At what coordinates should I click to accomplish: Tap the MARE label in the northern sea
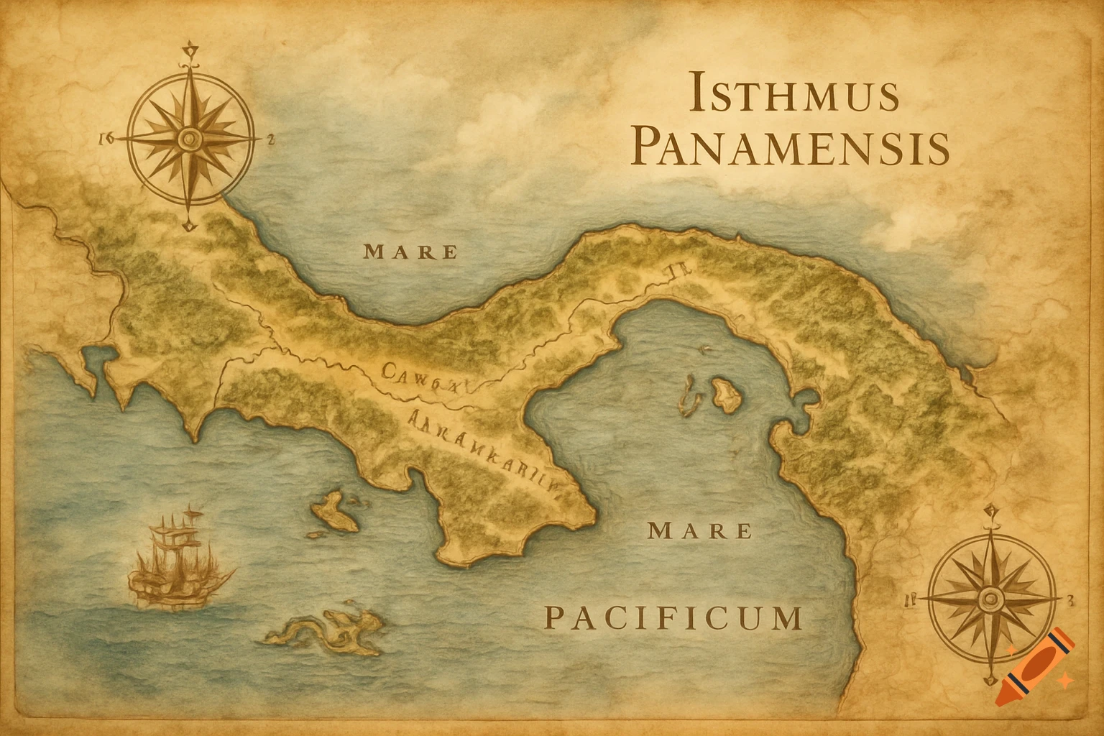(410, 252)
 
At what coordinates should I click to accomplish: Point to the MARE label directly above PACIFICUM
(700, 532)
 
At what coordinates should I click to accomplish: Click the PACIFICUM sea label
(673, 618)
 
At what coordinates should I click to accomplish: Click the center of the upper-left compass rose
(190, 137)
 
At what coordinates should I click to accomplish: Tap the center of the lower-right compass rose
(991, 597)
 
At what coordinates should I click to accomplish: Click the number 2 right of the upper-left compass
(270, 140)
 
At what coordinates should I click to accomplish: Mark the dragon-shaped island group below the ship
(327, 629)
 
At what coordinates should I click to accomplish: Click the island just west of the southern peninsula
(334, 511)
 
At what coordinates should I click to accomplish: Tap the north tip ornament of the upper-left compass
(190, 50)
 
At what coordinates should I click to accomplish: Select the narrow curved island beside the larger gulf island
(689, 397)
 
